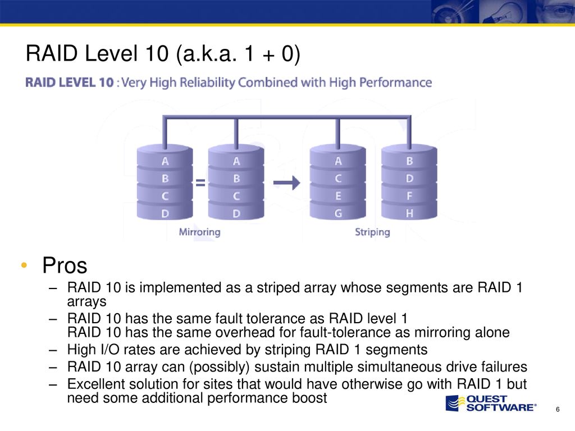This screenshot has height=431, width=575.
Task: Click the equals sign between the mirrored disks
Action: tap(200, 182)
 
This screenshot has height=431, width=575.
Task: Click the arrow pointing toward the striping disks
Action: tap(287, 182)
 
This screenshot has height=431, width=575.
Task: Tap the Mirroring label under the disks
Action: tap(199, 232)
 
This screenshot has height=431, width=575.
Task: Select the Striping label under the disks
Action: tap(372, 232)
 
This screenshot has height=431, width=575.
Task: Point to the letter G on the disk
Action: tap(338, 213)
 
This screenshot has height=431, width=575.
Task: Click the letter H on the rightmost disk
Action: tap(409, 213)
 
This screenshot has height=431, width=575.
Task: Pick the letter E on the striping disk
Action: tap(338, 196)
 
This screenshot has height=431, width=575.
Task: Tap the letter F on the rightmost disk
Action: tap(409, 196)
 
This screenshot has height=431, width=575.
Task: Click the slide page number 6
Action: tap(558, 409)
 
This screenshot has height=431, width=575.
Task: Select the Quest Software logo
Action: tap(491, 403)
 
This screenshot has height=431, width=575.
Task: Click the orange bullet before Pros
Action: tap(24, 265)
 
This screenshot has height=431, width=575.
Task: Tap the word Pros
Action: tap(65, 265)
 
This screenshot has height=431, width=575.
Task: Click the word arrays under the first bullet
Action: tap(86, 302)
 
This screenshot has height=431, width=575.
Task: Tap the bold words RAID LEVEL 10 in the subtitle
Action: tap(69, 82)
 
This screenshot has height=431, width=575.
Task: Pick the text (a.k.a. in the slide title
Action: tap(207, 53)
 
